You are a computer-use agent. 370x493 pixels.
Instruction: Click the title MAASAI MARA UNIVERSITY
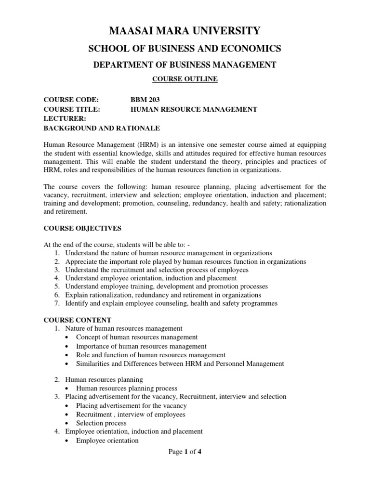click(x=185, y=31)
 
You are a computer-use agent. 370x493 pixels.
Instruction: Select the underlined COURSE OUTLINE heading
click(x=185, y=79)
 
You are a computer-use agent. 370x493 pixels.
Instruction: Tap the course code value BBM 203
click(x=145, y=100)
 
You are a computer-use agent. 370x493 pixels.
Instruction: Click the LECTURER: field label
click(x=65, y=118)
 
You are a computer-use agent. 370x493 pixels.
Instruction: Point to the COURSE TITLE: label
click(x=71, y=109)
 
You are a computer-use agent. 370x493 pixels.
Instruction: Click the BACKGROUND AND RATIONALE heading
click(x=101, y=128)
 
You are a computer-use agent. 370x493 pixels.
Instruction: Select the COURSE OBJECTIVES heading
click(x=82, y=228)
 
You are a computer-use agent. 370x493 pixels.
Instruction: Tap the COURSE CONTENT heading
click(x=78, y=320)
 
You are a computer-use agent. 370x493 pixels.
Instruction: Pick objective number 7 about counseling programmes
click(x=171, y=303)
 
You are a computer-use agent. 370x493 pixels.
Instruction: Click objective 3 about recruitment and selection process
click(x=157, y=270)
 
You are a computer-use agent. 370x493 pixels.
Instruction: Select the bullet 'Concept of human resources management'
click(x=136, y=337)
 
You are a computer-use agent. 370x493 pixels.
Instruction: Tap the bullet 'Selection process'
click(x=101, y=423)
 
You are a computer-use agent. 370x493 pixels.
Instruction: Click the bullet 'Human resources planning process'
click(x=126, y=388)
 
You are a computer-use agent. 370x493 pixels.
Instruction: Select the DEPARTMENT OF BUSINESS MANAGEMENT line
click(x=185, y=65)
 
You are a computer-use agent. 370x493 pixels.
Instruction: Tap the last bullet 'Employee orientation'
click(x=107, y=441)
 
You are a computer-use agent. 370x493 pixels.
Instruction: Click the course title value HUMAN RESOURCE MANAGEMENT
click(x=194, y=109)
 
